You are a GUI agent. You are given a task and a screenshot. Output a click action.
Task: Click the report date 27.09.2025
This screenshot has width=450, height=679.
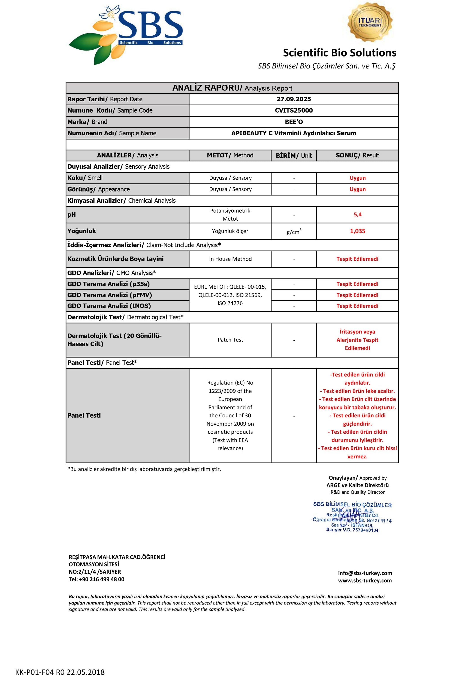[294, 99]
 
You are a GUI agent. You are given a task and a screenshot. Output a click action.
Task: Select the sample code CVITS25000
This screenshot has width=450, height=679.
[294, 110]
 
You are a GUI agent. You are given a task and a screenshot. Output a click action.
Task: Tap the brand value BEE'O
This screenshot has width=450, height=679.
[294, 122]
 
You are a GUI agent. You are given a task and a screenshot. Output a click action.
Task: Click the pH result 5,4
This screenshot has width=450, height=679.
[357, 215]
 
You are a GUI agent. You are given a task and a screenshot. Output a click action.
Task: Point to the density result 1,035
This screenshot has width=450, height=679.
[357, 231]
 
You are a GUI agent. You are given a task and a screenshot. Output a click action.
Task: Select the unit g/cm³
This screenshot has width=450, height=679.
[294, 232]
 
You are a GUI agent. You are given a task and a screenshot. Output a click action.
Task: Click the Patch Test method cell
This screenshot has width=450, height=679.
[230, 340]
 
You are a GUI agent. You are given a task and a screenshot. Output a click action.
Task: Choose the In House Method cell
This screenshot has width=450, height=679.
[230, 259]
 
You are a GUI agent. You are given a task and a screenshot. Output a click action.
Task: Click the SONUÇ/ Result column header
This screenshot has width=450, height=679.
[357, 155]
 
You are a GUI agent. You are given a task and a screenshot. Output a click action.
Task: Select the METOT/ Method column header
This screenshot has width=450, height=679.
[230, 155]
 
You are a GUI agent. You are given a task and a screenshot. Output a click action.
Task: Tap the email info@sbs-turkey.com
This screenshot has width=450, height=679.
[365, 573]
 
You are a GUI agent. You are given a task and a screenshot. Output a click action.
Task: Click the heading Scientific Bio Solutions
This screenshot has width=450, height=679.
[340, 53]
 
